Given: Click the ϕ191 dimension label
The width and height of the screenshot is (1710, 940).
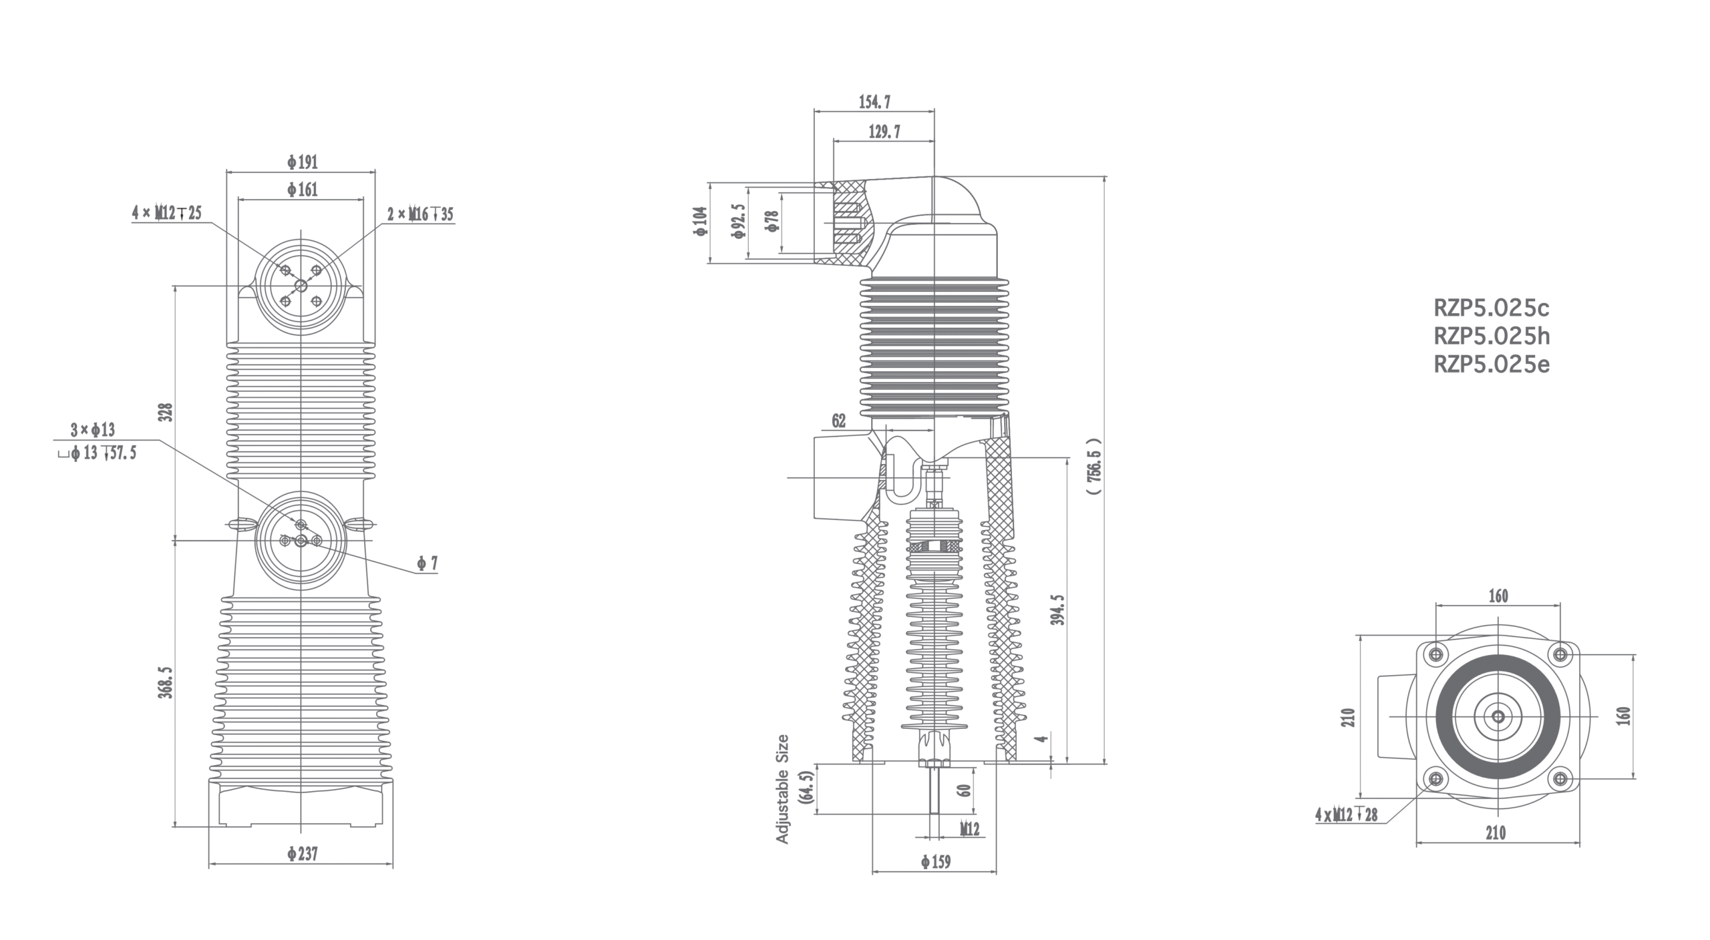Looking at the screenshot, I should click(x=303, y=162).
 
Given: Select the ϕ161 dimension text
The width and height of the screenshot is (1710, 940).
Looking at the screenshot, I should click(x=303, y=190).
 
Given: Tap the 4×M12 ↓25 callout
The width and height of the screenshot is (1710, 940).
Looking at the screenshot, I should click(x=167, y=214).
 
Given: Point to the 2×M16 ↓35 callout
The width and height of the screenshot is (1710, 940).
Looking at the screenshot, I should click(x=420, y=214).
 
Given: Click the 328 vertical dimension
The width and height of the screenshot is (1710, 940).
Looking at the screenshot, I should click(x=166, y=411).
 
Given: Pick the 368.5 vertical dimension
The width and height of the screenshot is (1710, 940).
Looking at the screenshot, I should click(x=166, y=682).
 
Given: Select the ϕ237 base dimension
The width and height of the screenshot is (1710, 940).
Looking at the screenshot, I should click(x=303, y=854).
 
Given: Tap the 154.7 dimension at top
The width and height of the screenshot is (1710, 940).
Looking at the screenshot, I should click(x=874, y=102).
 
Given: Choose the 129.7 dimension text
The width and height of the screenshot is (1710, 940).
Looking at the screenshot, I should click(x=884, y=132).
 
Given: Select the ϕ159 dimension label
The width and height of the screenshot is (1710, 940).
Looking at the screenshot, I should click(x=935, y=862).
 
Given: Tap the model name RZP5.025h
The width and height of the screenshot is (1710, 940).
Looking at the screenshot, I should click(x=1492, y=336).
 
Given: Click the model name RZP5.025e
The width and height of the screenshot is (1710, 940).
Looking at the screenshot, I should click(x=1492, y=365).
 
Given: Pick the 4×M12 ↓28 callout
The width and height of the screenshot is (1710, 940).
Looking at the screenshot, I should click(x=1346, y=814).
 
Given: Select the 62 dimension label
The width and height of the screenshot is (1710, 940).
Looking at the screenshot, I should click(x=839, y=421).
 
